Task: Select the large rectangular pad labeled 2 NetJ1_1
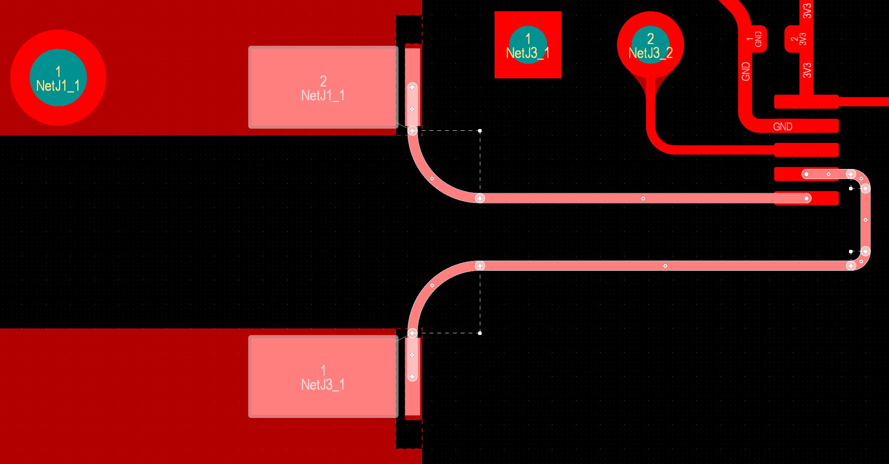coord(323,87)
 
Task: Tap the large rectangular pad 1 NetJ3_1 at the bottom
coord(323,376)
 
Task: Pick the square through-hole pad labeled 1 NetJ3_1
coord(528,45)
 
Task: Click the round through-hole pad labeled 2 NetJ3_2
coord(650,45)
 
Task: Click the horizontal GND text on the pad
coord(783,126)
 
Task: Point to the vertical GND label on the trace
coord(746,71)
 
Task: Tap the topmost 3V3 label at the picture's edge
coord(807,10)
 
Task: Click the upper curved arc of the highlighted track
coord(432,179)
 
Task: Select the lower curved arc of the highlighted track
coord(432,285)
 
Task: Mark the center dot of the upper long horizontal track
coord(643,199)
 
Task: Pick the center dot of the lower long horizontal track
coord(665,265)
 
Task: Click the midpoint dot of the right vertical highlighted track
coord(866,220)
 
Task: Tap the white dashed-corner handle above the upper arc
coord(480,130)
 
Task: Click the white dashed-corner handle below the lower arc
coord(480,333)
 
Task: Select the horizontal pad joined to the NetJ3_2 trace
coord(806,150)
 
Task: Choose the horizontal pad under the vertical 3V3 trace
coord(806,102)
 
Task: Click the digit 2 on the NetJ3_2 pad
coord(651,39)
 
